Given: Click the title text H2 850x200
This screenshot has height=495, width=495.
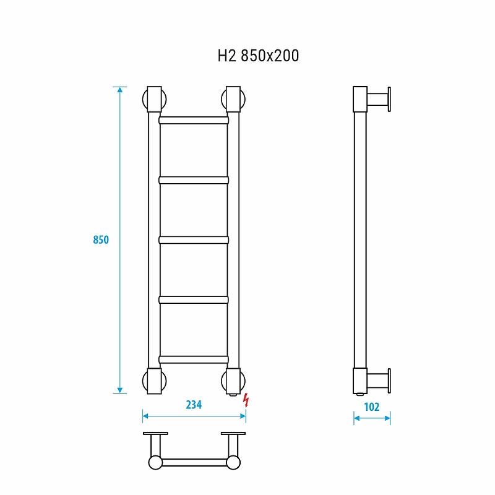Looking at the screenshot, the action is (x=258, y=56).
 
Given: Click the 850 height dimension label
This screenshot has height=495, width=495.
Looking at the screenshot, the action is (x=101, y=240).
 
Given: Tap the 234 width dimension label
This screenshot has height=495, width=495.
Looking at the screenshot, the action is (x=194, y=405).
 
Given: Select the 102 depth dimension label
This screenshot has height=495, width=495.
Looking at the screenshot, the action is (x=372, y=407).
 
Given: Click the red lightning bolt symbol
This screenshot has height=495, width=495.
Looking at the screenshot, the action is (x=246, y=400).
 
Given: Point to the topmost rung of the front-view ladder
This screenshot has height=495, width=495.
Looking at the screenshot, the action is (x=194, y=120).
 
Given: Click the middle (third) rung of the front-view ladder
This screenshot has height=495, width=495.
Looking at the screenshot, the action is (x=194, y=240).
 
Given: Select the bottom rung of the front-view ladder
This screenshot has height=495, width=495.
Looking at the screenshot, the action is (x=194, y=359).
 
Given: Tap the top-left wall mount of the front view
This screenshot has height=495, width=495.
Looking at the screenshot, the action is (x=154, y=99).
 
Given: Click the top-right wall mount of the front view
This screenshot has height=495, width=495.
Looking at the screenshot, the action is (x=233, y=99).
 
